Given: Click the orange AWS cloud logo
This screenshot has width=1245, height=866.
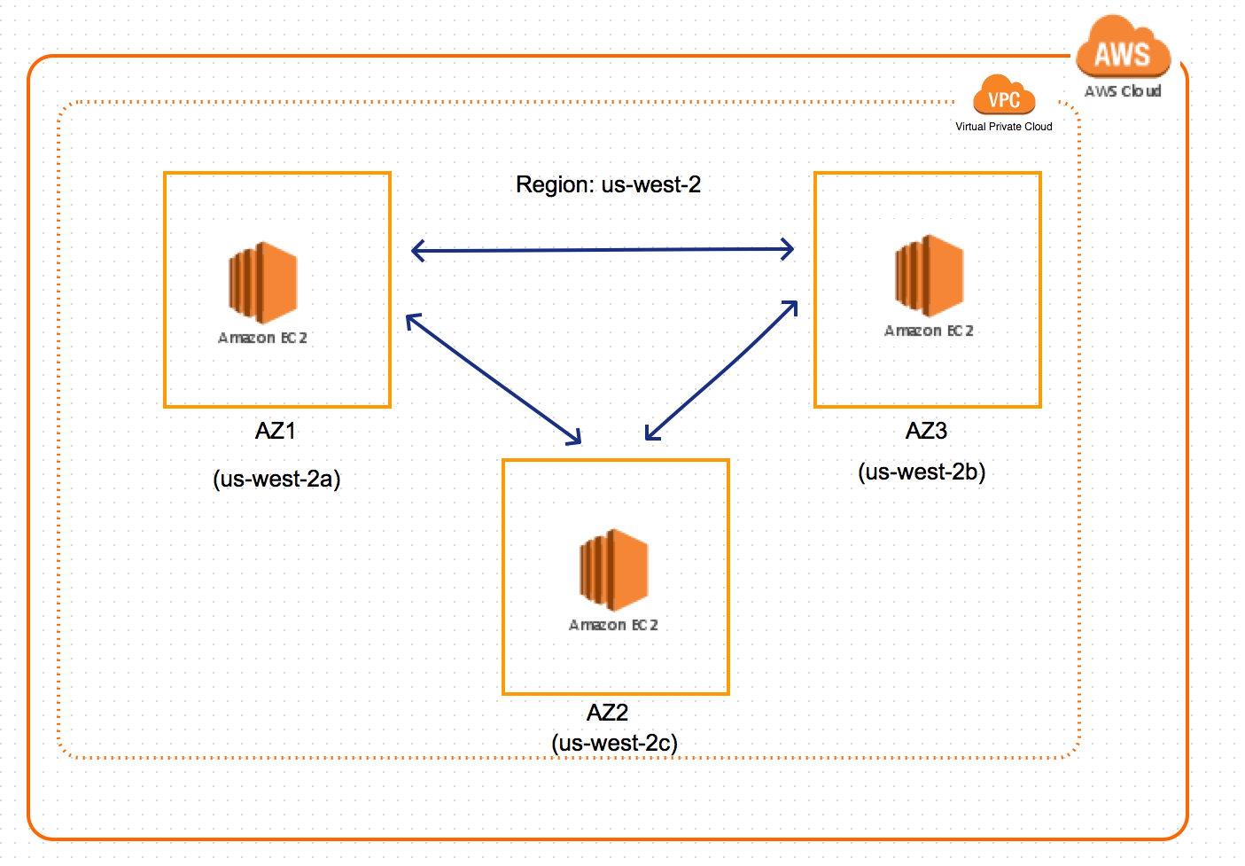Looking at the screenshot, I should pos(1122,50).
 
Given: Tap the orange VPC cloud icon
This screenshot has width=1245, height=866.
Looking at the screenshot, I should pos(1003,97).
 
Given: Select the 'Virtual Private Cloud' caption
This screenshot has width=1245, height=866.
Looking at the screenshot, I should pos(1003,127).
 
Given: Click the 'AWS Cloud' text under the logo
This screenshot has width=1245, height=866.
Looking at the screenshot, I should pos(1122,91).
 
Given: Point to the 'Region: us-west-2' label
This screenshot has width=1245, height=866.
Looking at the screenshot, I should pos(608,184).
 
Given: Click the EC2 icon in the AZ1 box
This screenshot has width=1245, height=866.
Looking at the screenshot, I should pos(263,283).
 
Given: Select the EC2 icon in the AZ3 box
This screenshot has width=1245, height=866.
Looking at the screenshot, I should pos(929,276).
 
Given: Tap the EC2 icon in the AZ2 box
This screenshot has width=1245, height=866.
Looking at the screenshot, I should pos(614,570).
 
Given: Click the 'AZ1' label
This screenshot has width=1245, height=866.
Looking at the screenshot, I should pos(276,431).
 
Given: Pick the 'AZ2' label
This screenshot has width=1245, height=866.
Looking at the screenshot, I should pos(607,713).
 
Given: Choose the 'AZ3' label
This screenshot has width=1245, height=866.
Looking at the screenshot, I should pos(926,431).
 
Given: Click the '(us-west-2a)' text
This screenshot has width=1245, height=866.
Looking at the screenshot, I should pos(276,480).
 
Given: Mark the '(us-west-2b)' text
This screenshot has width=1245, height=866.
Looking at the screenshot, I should pos(922,472).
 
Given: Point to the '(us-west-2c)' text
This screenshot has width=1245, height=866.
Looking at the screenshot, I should pos(614,743).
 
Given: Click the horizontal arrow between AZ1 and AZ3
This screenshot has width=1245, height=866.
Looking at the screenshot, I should pos(603,250).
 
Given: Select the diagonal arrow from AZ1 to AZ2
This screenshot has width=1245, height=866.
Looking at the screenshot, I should pos(494,379).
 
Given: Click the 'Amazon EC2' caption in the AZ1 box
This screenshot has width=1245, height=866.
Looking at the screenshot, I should pos(262,338).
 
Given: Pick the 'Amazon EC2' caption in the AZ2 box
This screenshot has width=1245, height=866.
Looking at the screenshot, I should pos(613,625).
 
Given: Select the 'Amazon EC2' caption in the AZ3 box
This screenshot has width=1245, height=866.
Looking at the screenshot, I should pos(929,331).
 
